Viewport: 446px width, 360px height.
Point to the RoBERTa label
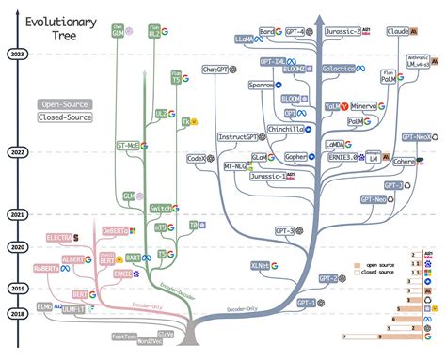[x=49, y=268]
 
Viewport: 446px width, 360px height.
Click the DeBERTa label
[x=115, y=231]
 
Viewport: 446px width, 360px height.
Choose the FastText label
[x=124, y=336]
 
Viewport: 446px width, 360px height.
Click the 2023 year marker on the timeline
[x=16, y=54]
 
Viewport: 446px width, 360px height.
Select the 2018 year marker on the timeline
[x=16, y=313]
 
